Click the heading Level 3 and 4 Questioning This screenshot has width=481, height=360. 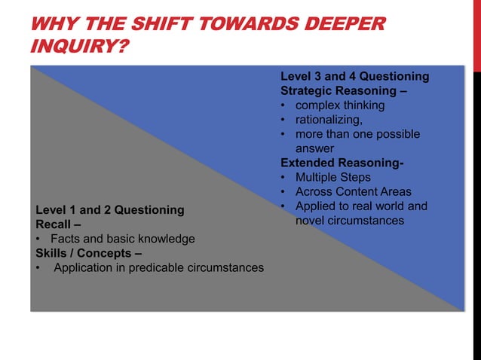click(x=354, y=77)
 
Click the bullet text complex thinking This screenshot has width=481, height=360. click(x=339, y=105)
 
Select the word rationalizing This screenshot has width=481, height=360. click(x=328, y=120)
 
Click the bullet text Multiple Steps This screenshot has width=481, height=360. click(x=332, y=177)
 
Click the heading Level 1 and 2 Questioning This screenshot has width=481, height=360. click(x=110, y=210)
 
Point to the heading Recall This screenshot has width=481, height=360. click(x=54, y=224)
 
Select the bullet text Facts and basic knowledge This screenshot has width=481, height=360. click(x=122, y=239)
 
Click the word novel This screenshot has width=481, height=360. click(x=311, y=221)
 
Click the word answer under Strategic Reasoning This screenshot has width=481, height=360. click(x=314, y=148)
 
